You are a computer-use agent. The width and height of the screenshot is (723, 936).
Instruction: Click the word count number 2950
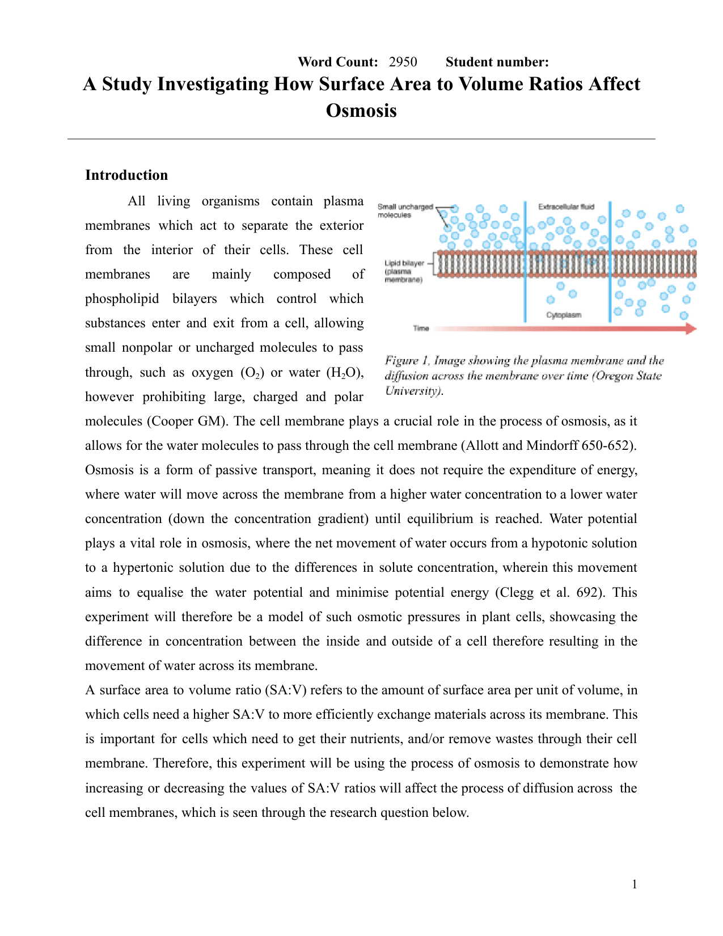point(403,62)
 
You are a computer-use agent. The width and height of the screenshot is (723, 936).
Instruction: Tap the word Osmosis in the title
point(361,110)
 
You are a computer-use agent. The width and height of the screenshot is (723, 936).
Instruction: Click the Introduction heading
point(126,175)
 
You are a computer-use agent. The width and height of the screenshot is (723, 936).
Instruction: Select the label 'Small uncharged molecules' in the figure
point(405,210)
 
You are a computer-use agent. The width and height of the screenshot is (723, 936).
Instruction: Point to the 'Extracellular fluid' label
point(566,206)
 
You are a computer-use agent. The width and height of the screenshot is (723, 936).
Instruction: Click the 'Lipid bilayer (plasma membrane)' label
point(404,271)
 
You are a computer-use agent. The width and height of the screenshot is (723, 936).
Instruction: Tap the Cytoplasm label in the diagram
point(563,315)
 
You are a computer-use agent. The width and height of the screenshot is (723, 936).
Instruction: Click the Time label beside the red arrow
point(421,328)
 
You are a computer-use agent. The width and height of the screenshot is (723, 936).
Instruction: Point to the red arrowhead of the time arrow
point(691,328)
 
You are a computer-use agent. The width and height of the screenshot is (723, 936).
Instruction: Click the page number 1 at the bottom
point(635,884)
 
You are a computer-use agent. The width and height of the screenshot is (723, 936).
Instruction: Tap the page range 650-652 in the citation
point(608,445)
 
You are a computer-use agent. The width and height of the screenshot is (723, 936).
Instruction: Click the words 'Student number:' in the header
point(497,62)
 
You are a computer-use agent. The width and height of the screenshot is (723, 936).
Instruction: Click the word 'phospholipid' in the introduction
point(122,299)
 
